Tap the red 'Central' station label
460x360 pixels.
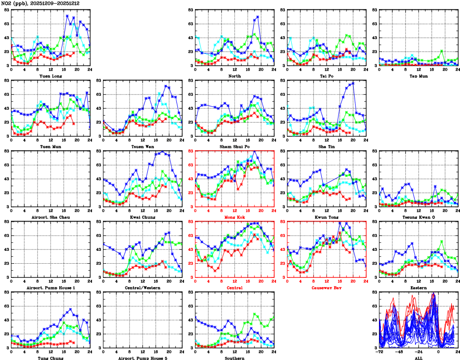[x=235, y=288]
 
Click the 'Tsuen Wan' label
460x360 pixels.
[x=143, y=146]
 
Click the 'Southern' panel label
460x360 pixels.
[x=235, y=358]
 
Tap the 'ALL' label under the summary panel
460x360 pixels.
[x=418, y=358]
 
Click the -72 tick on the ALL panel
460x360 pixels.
[x=379, y=352]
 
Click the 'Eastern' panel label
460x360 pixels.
[x=418, y=288]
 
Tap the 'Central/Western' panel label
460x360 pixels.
[x=143, y=288]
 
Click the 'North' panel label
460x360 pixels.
[x=235, y=76]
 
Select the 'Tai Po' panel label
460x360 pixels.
[x=327, y=76]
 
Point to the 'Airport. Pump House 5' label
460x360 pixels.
[x=143, y=358]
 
